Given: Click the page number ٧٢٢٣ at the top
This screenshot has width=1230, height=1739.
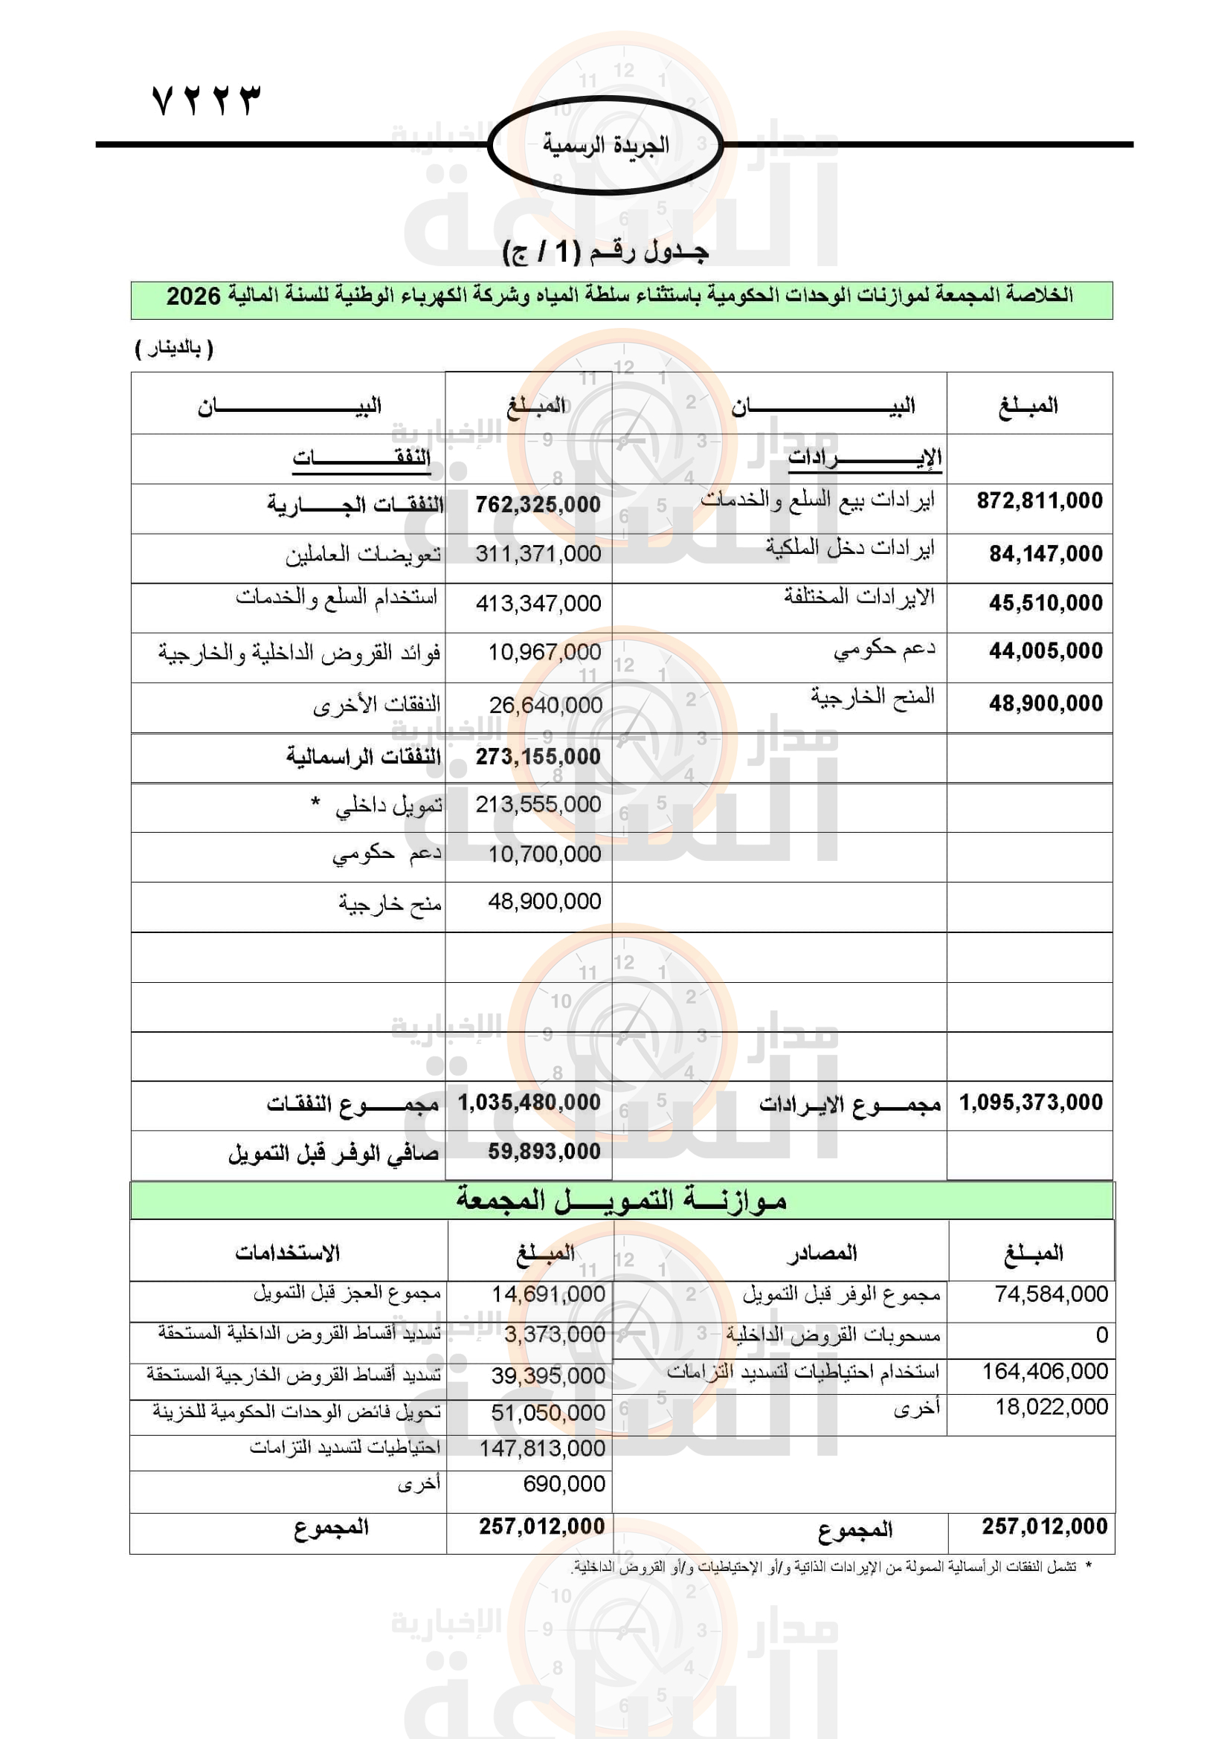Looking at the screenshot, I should [206, 100].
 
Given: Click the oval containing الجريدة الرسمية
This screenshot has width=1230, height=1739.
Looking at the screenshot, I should [605, 144].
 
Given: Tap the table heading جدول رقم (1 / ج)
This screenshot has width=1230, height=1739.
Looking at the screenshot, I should [606, 251].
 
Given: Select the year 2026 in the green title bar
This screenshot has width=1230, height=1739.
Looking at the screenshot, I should [193, 296].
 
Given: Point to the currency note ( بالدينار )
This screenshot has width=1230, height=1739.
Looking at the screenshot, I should [174, 349].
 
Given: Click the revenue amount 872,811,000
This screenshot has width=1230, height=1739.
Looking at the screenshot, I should [1039, 500].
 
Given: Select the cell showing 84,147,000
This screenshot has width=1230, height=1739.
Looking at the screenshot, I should [1045, 554].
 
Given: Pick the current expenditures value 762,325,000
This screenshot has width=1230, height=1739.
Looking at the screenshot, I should [538, 504].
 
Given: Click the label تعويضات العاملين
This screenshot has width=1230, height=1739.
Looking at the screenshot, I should [364, 555].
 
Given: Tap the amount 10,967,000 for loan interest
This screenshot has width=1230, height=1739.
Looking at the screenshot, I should [544, 652].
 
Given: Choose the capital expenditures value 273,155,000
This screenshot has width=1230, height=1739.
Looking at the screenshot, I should [538, 757].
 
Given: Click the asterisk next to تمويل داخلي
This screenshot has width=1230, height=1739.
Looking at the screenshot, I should [315, 802].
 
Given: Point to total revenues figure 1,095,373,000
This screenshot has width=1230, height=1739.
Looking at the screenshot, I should [1031, 1103].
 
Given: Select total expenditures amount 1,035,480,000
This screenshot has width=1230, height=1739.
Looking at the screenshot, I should [529, 1103].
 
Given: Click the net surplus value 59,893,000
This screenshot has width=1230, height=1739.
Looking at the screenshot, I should [544, 1151].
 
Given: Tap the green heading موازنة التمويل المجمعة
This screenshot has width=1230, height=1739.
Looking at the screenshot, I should [621, 1200].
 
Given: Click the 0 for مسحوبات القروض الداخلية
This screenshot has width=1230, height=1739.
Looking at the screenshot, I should [1101, 1335].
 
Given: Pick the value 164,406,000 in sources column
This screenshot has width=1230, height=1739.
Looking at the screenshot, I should [1044, 1371].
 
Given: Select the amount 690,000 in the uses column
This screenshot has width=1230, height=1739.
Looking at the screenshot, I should [564, 1484].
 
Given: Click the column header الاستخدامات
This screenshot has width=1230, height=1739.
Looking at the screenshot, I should [287, 1253].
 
